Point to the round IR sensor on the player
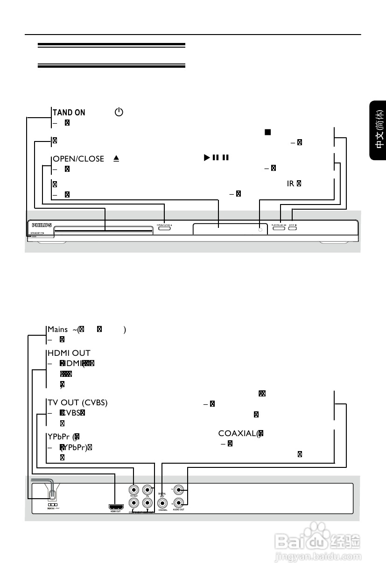pyautogui.click(x=260, y=230)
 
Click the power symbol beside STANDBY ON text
pyautogui.click(x=119, y=112)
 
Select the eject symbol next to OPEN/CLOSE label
pyautogui.click(x=116, y=159)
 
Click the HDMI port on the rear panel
pyautogui.click(x=116, y=506)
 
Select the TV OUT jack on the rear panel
pyautogui.click(x=134, y=490)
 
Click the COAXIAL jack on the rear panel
pyautogui.click(x=163, y=503)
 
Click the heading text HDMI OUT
pyautogui.click(x=69, y=353)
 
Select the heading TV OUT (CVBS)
pyautogui.click(x=77, y=403)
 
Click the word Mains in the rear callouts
pyautogui.click(x=57, y=330)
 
